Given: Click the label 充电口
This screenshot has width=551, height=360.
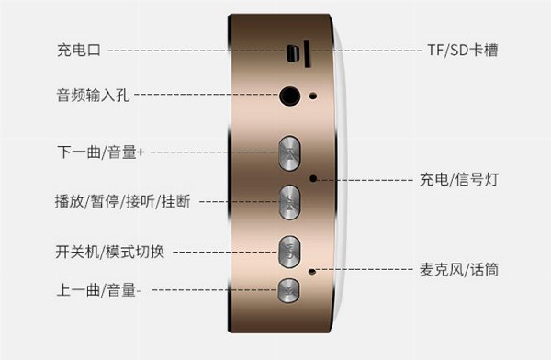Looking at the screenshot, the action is [x=79, y=50].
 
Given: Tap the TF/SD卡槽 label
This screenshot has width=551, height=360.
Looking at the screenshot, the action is [x=463, y=50].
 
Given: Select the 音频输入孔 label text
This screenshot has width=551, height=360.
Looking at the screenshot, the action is [x=93, y=95].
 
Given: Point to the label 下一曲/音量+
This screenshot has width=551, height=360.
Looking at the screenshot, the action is [x=100, y=152].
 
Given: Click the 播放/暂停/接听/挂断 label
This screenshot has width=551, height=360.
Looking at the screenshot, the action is [x=123, y=201].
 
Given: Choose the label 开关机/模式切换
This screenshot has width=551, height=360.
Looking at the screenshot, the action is [x=110, y=252].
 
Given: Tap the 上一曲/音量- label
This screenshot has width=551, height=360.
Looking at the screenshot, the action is [x=99, y=290].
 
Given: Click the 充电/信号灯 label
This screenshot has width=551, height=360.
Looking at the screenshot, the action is [x=459, y=179].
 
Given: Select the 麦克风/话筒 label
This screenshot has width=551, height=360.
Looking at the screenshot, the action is [x=459, y=270].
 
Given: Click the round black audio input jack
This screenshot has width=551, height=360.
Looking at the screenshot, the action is [x=290, y=96].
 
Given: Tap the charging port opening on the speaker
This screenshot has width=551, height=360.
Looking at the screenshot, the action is [x=292, y=53].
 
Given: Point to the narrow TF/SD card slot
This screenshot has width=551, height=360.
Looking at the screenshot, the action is [x=307, y=54].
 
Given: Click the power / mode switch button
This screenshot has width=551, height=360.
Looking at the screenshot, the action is [x=289, y=252].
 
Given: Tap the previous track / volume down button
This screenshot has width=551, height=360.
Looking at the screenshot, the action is [x=288, y=290].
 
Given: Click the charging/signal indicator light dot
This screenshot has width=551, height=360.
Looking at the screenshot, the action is [x=313, y=178].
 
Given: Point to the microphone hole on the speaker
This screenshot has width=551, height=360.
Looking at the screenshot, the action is [x=311, y=272].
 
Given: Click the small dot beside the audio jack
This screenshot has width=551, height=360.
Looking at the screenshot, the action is [x=313, y=96].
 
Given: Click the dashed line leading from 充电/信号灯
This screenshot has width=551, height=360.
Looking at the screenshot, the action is [x=365, y=180].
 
